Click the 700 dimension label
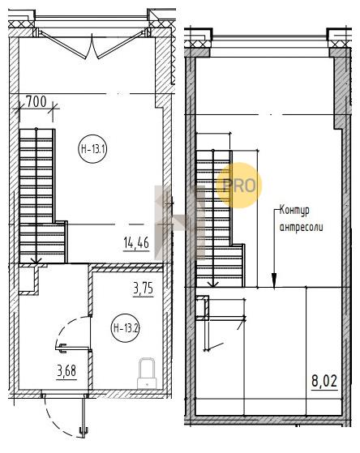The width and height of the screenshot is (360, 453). (36, 101)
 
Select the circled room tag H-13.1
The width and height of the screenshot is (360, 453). (93, 149)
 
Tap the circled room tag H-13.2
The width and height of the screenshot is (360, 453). (126, 328)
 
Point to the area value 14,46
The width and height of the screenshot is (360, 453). (136, 242)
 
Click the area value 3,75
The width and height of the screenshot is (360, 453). (144, 288)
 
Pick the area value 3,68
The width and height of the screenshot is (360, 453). (66, 370)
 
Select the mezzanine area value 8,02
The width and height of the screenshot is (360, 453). (324, 381)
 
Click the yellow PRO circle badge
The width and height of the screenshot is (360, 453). (239, 186)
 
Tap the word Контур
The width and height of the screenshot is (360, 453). (294, 211)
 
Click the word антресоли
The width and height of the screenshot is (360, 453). (301, 227)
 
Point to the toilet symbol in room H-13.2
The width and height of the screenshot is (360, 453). (147, 374)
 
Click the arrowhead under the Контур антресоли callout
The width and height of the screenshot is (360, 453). (274, 280)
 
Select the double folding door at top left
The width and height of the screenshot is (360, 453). (92, 45)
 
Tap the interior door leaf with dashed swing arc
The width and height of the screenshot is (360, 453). (73, 348)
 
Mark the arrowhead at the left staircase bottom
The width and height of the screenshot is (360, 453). (36, 261)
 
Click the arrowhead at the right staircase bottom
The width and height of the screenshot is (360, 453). (213, 284)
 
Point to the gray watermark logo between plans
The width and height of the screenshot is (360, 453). (180, 223)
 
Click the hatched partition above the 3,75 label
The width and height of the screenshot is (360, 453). (126, 268)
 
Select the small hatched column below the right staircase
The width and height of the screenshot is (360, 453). (203, 308)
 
